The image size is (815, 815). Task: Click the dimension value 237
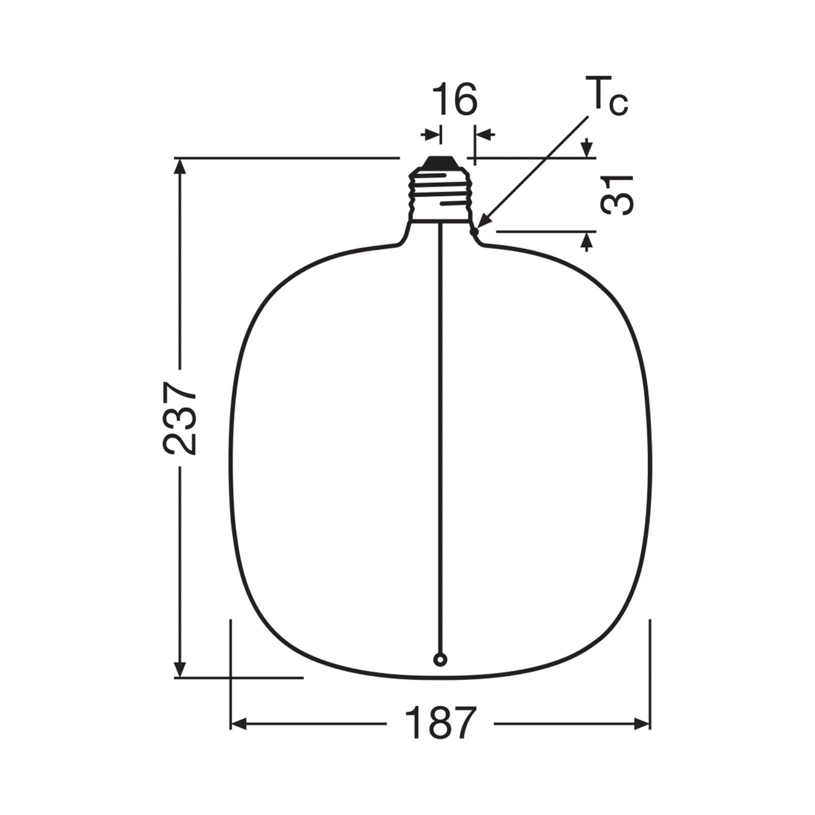point(179,418)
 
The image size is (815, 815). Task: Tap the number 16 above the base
point(454,100)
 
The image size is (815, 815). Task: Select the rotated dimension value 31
point(617,195)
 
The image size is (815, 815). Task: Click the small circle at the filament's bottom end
point(440,660)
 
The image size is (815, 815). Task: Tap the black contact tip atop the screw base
point(440,162)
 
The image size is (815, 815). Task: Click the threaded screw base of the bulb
point(440,196)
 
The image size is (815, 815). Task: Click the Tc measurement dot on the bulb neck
point(475,232)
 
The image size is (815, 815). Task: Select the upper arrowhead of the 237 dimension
point(179,166)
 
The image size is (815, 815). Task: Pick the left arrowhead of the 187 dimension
point(239,723)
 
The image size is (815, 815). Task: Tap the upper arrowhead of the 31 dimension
point(587,149)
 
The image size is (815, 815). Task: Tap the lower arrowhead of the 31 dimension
point(587,240)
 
